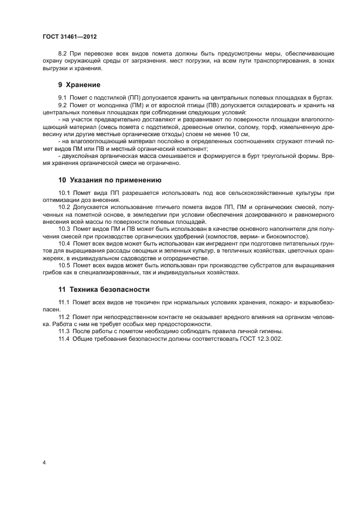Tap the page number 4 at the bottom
(44, 463)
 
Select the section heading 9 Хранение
(79, 85)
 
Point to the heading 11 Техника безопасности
(103, 289)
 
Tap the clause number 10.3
(64, 229)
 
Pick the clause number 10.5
(64, 265)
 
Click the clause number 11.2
(64, 317)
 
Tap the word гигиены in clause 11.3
(271, 332)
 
